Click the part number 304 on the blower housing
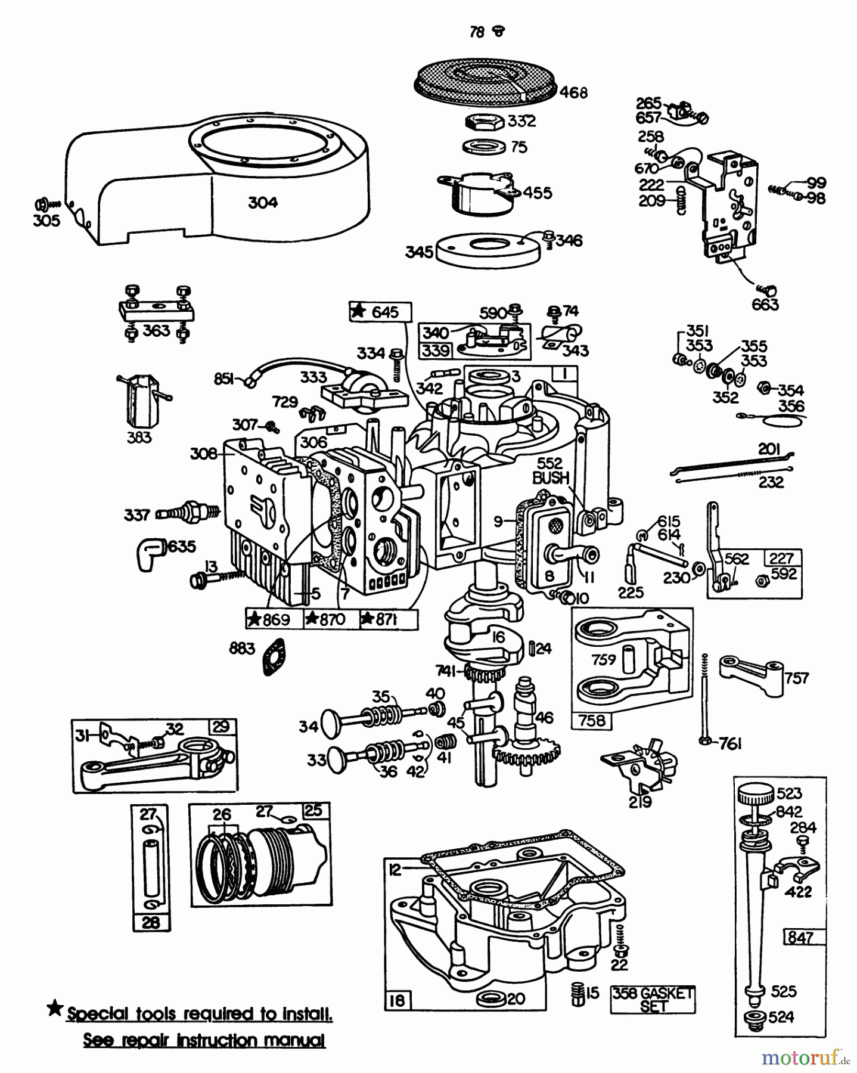[x=262, y=203]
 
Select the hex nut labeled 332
[x=484, y=122]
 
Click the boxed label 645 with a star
[x=380, y=312]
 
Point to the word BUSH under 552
[x=551, y=477]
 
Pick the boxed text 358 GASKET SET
[x=653, y=1000]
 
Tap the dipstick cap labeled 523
[x=754, y=795]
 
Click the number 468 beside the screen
[x=573, y=92]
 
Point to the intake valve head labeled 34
[x=328, y=725]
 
